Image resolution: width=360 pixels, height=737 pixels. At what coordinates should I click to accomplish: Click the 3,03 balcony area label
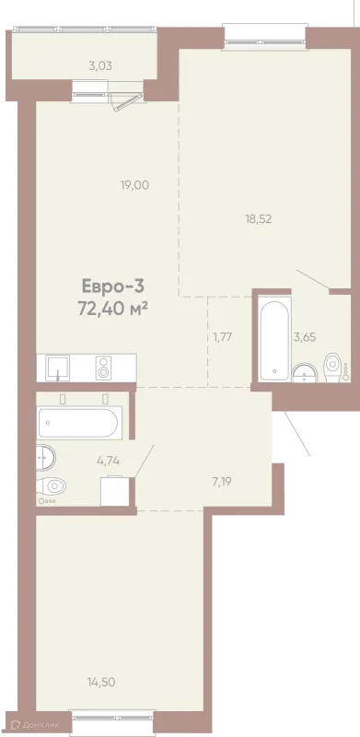(x=100, y=65)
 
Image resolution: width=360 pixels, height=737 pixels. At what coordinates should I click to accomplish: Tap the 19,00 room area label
(x=134, y=186)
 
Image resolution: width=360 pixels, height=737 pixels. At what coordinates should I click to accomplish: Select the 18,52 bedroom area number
(x=259, y=218)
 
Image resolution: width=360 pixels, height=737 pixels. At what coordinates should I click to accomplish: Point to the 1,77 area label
(x=223, y=337)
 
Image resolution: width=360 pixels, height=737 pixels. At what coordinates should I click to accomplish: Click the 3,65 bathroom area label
(x=305, y=336)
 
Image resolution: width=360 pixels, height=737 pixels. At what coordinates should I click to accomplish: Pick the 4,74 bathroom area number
(x=108, y=461)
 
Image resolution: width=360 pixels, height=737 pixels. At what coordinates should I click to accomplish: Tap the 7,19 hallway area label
(x=223, y=481)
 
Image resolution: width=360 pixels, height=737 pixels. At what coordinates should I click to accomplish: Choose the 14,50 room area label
(x=101, y=682)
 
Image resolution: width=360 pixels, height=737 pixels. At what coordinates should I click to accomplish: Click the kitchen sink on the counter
(x=58, y=368)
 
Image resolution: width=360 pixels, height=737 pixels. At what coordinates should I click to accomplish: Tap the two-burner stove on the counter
(x=103, y=368)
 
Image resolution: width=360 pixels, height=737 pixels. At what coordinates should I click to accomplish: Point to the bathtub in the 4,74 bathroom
(x=80, y=423)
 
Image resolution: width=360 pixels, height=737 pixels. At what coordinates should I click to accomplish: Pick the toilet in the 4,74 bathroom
(x=52, y=485)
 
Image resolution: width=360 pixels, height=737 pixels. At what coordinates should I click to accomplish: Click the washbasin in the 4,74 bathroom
(x=46, y=457)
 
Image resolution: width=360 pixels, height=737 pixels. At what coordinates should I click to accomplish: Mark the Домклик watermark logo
(x=36, y=725)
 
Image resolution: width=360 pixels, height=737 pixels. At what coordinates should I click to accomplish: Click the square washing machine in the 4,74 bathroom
(x=115, y=492)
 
